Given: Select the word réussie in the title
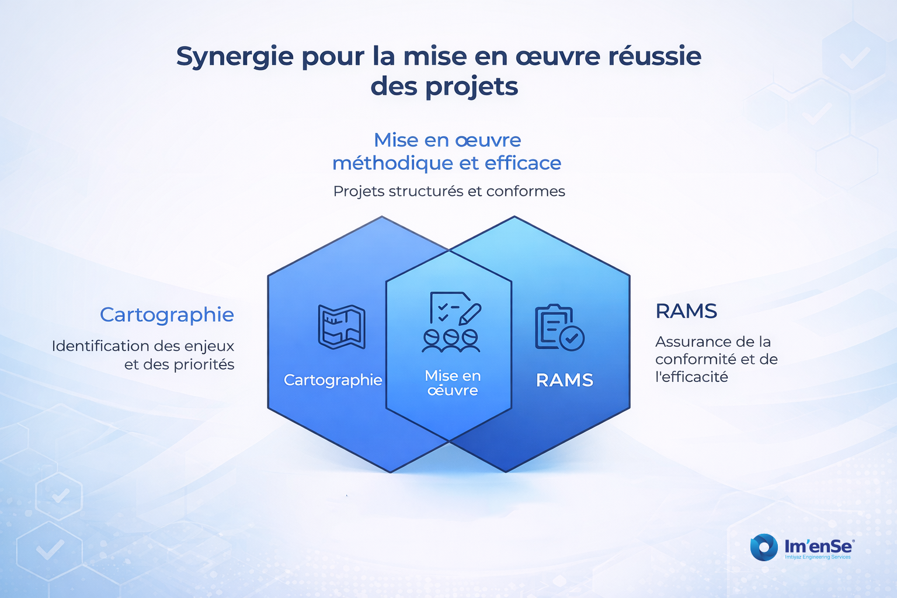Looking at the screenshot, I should pyautogui.click(x=655, y=56).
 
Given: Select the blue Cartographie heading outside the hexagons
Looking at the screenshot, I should pyautogui.click(x=167, y=314).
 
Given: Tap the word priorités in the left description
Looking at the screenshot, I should pyautogui.click(x=204, y=364).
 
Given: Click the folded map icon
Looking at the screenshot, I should pyautogui.click(x=342, y=327).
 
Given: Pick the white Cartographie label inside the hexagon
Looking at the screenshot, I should pyautogui.click(x=333, y=380).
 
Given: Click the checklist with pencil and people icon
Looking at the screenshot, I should pyautogui.click(x=452, y=322).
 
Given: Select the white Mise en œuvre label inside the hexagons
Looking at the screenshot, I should pyautogui.click(x=453, y=383).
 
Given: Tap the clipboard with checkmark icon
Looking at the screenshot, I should pyautogui.click(x=559, y=328).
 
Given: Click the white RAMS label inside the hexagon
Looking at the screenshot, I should pyautogui.click(x=564, y=380).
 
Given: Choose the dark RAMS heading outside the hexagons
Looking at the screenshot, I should pyautogui.click(x=686, y=311).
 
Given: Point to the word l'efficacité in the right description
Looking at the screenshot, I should pyautogui.click(x=691, y=377).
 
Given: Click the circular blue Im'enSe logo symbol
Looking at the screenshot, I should pyautogui.click(x=764, y=547).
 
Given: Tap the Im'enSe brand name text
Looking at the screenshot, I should pyautogui.click(x=818, y=546).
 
